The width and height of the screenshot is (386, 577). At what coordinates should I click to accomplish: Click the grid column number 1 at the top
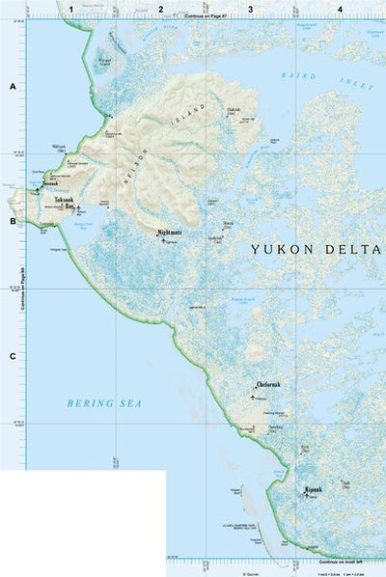[x=70, y=9]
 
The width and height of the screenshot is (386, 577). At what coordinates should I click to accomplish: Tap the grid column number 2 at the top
[x=160, y=9]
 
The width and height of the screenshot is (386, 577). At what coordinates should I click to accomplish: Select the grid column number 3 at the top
[x=250, y=9]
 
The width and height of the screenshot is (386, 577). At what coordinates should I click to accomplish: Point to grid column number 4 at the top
[x=339, y=9]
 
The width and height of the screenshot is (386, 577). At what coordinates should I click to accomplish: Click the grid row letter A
[x=13, y=87]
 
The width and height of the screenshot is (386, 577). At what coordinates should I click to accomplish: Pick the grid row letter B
[x=13, y=221]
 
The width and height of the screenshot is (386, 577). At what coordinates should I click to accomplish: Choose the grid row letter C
[x=13, y=357]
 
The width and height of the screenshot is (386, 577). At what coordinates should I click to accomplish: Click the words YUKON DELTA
[x=316, y=249]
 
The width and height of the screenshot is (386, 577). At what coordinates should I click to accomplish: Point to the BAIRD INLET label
[x=326, y=79]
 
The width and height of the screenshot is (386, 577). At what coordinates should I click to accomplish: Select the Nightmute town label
[x=170, y=233]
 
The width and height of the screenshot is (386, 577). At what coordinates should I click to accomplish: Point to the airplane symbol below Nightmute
[x=165, y=240]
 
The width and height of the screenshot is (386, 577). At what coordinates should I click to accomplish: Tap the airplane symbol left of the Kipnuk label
[x=306, y=495]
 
